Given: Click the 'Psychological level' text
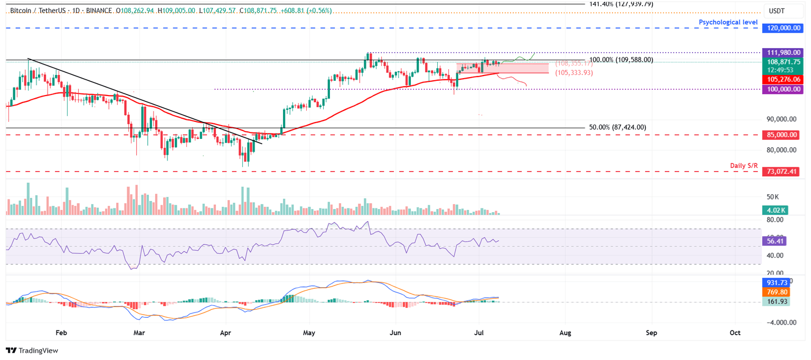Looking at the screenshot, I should (728, 22).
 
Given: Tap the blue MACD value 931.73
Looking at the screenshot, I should (775, 282).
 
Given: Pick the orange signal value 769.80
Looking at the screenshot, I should (775, 292).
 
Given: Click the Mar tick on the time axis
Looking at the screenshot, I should (139, 333).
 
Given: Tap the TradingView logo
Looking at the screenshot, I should (32, 350).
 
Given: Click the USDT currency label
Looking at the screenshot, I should (776, 11).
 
